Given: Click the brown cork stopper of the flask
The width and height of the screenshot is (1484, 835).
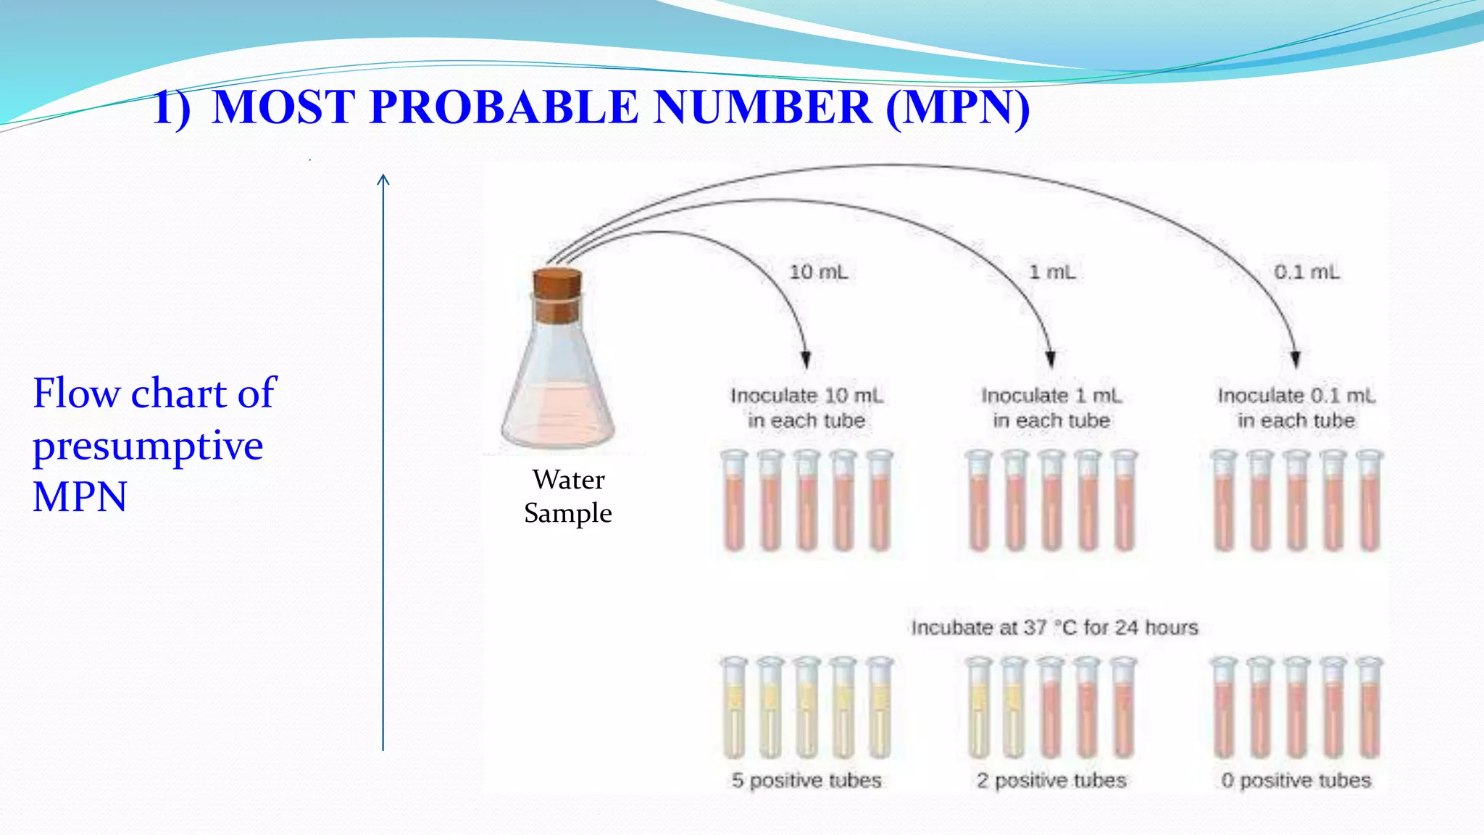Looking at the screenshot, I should tap(557, 296).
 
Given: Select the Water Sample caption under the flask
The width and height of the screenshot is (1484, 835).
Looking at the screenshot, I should tap(568, 496).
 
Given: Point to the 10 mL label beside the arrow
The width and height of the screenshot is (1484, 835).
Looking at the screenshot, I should tap(818, 272).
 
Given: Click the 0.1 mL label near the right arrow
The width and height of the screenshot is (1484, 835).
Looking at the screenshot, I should tap(1306, 272).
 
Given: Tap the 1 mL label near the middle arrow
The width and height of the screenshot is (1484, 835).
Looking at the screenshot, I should tap(1052, 272).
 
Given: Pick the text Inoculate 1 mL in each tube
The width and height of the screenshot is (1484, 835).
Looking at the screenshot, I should tap(1051, 407).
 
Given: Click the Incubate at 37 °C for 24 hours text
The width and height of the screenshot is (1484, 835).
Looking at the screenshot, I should tap(1054, 627).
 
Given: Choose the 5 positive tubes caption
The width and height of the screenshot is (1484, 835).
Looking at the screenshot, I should tap(806, 780).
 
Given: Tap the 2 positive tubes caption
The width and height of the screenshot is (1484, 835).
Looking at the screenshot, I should tap(1051, 780).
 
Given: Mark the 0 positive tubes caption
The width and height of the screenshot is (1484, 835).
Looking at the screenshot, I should tap(1296, 780).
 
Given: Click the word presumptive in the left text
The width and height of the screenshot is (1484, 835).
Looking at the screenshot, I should tap(148, 445).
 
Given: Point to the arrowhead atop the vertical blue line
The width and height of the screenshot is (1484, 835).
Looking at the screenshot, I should tap(383, 179).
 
